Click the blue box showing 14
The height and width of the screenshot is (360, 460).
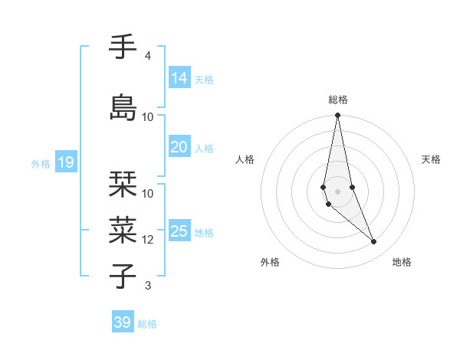(x=179, y=78)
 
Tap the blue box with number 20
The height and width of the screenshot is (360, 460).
(x=179, y=147)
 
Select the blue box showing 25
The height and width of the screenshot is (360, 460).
(x=179, y=231)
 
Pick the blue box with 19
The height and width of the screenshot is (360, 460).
(x=65, y=162)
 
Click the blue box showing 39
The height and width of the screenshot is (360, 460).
(x=123, y=322)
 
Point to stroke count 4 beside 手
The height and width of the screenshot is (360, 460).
(x=148, y=56)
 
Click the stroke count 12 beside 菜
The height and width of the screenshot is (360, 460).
(x=148, y=240)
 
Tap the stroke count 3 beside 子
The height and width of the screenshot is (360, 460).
(x=148, y=286)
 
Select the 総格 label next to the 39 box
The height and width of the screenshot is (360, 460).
(x=147, y=324)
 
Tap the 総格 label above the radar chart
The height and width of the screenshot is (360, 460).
(x=337, y=100)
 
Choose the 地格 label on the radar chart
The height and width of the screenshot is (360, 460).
(x=402, y=262)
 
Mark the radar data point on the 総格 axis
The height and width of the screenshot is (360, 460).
(x=337, y=116)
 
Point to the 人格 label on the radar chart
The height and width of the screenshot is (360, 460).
(x=245, y=159)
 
